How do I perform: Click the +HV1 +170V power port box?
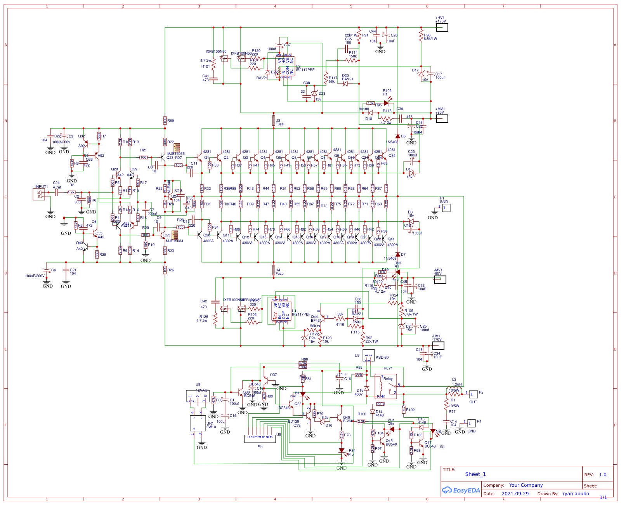[x=442, y=28]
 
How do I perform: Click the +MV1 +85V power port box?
[x=442, y=119]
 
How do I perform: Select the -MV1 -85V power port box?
[x=440, y=280]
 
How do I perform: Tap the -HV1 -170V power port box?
[x=438, y=346]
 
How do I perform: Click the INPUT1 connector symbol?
[x=39, y=194]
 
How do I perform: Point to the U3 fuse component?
[x=274, y=120]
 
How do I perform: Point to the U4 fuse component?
[x=274, y=270]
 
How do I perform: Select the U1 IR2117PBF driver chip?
[x=282, y=311]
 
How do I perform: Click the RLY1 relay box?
[x=386, y=386]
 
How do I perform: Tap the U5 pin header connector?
[x=260, y=439]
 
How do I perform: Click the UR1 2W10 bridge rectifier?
[x=198, y=423]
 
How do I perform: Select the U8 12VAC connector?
[x=198, y=396]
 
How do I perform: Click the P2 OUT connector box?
[x=473, y=394]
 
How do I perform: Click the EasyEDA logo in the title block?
[x=461, y=490]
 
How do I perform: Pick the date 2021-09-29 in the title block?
[x=515, y=494]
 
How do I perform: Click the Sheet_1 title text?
[x=475, y=474]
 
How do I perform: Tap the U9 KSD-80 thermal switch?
[x=369, y=355]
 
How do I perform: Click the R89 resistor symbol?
[x=165, y=120]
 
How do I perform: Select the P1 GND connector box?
[x=446, y=208]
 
